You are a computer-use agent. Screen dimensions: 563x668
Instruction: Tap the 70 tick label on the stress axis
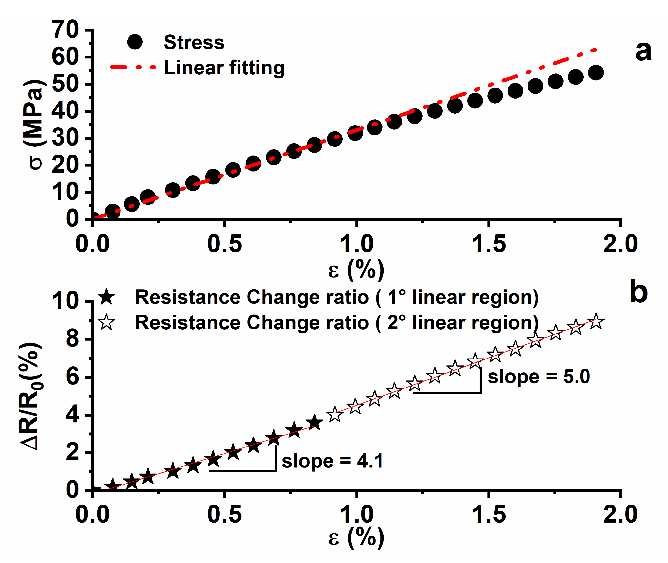(65, 30)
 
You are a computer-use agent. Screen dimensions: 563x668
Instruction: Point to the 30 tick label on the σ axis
(65, 138)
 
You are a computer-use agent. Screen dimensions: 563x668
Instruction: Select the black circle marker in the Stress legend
(135, 42)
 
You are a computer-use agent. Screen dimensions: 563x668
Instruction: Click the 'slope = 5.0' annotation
(538, 377)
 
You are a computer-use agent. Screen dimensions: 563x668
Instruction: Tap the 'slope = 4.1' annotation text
(332, 461)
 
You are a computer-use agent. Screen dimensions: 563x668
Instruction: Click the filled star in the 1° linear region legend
(106, 297)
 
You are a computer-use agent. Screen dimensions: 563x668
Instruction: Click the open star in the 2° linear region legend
(106, 322)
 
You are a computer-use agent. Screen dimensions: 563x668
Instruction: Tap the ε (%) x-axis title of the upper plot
(356, 270)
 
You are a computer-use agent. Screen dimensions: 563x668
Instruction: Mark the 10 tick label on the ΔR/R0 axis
(65, 301)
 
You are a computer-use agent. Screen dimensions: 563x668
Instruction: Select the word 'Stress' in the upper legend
(194, 42)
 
